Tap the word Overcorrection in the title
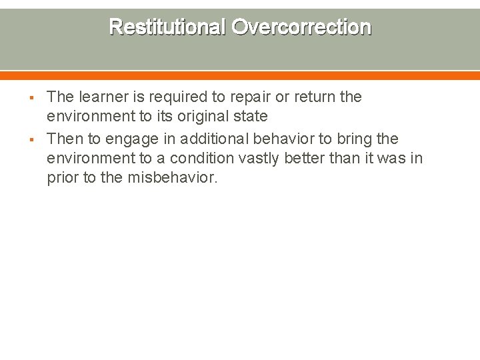(x=301, y=27)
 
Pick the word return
(x=315, y=97)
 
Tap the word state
(x=251, y=117)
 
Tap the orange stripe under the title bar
(x=240, y=75)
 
